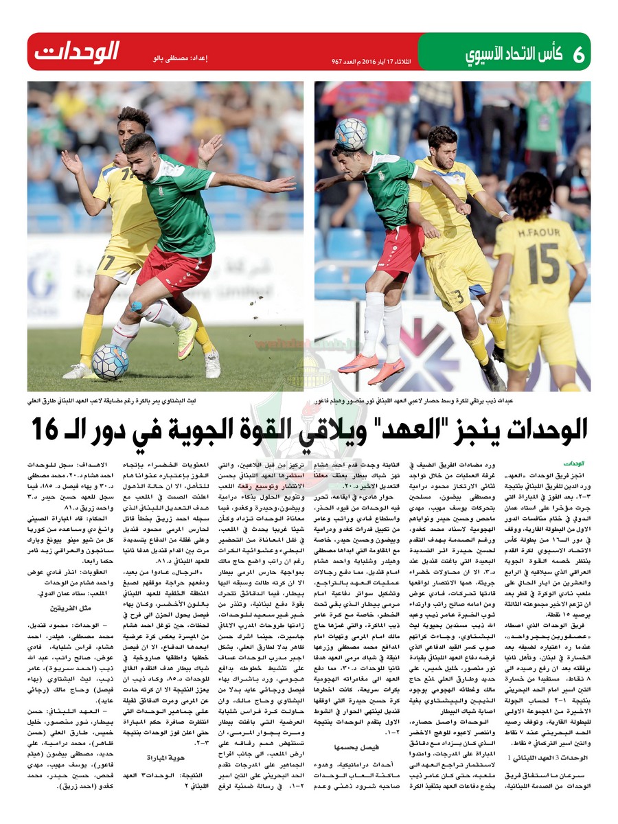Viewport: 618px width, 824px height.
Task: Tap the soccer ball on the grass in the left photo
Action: coord(111,362)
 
